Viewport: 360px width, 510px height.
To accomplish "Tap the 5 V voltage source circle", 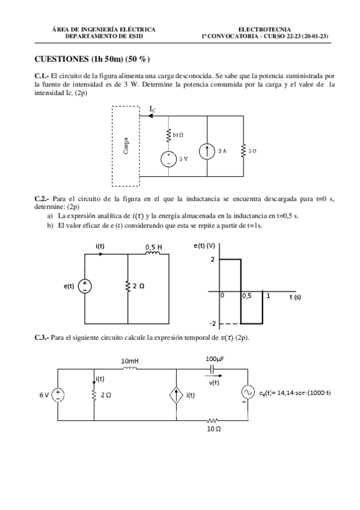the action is [x=169, y=160].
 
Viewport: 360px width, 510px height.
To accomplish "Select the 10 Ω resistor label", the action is [x=177, y=136].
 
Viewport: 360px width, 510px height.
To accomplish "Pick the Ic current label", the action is [x=153, y=109].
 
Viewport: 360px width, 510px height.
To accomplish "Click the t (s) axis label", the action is [x=295, y=297].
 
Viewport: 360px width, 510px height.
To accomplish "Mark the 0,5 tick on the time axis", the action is [x=247, y=296].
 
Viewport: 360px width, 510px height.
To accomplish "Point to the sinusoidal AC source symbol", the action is [x=248, y=392].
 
